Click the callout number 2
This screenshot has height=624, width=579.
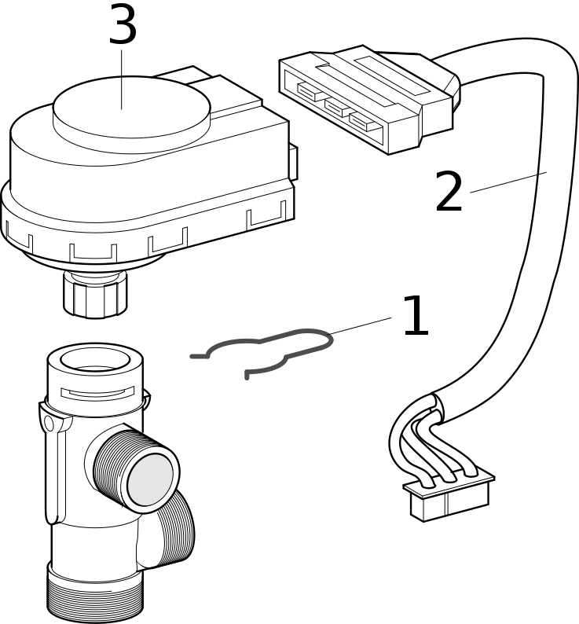pos(449,193)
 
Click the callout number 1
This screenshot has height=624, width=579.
pos(415,317)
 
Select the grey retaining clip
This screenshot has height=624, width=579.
pos(267,350)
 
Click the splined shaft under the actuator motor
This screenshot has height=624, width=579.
pos(95,295)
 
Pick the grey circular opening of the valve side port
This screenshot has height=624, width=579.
pos(150,479)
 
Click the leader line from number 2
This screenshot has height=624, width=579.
pos(508,182)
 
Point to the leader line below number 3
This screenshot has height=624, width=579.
pos(122,79)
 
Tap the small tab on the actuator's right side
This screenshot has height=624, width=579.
pos(292,162)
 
